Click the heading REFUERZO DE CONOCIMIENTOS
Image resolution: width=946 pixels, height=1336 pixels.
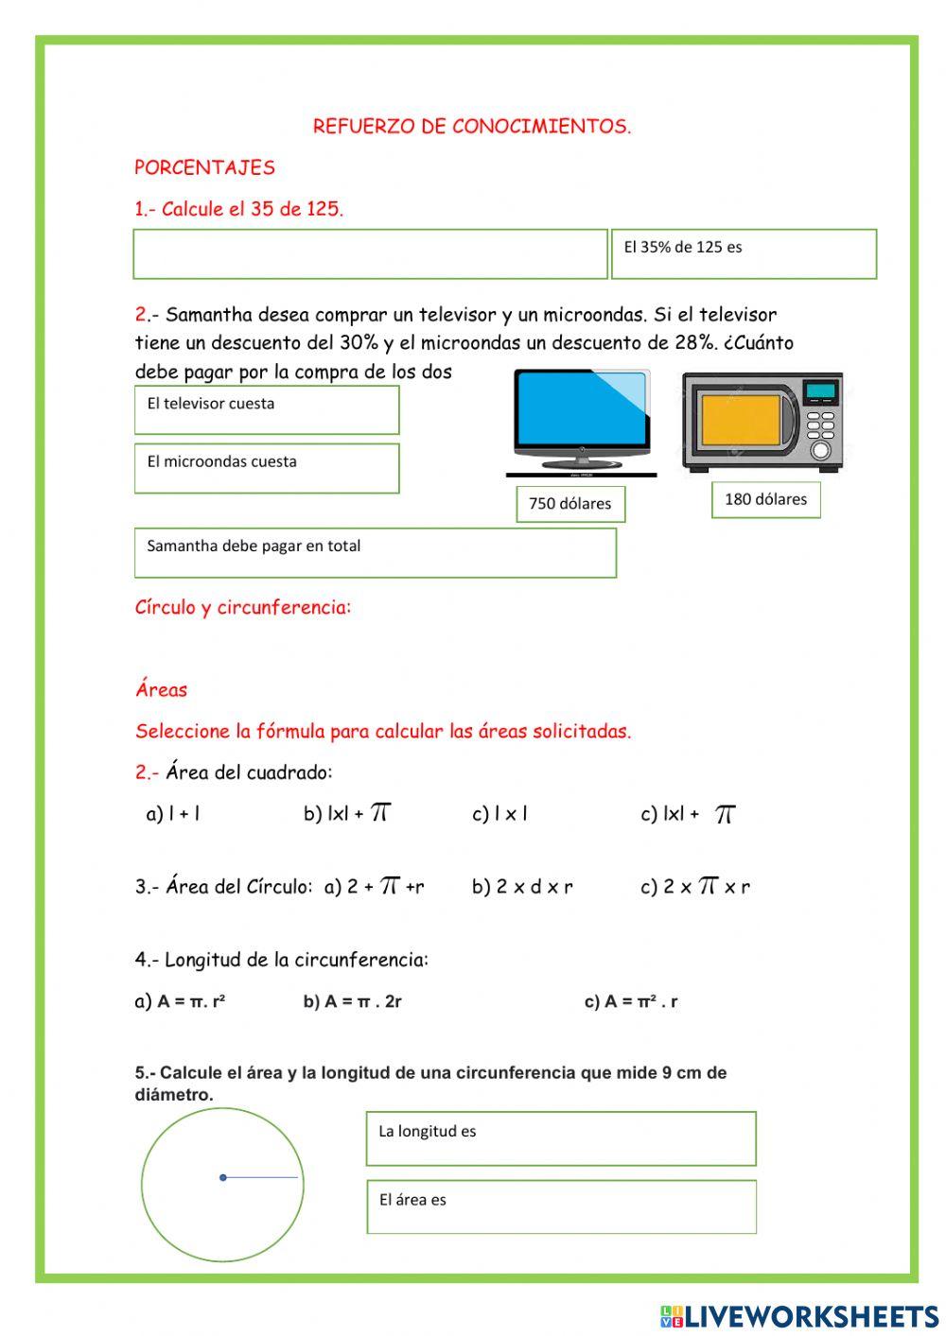(472, 126)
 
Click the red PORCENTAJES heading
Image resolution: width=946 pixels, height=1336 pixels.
(204, 167)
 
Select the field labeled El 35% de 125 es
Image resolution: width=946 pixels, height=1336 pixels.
(744, 254)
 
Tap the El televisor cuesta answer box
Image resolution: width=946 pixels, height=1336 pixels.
(266, 410)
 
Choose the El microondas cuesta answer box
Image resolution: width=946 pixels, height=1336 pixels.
(266, 469)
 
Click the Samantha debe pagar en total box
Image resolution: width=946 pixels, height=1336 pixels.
(375, 553)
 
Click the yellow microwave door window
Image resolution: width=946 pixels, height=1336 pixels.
(741, 420)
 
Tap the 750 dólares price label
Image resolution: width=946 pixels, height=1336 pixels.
(569, 504)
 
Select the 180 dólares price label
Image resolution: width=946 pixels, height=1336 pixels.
(765, 499)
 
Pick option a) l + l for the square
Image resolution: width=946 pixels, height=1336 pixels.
(173, 814)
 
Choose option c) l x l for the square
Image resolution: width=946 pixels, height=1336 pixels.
(499, 814)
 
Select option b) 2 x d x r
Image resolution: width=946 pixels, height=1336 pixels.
(522, 887)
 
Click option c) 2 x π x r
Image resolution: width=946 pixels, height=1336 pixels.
(695, 887)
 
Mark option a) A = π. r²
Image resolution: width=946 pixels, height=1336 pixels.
(180, 1001)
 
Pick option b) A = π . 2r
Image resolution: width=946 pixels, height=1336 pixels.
(352, 1001)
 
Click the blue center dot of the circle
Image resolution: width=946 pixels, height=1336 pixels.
(223, 1177)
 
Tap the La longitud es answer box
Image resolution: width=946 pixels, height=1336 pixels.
(561, 1139)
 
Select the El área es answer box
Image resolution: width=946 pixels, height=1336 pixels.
(561, 1207)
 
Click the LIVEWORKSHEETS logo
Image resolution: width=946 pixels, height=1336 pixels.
(799, 1316)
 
